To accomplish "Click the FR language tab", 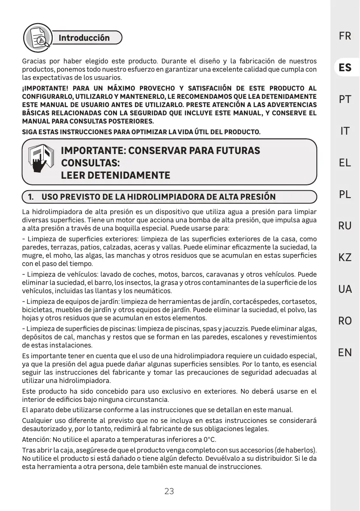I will (x=345, y=36).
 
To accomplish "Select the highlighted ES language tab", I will (x=345, y=68).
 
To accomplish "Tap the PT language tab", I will (x=345, y=100).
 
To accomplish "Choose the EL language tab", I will (x=345, y=163).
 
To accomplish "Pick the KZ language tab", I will (x=345, y=258).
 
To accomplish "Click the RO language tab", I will (x=345, y=321).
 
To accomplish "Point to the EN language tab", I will (x=345, y=352).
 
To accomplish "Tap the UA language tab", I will (x=345, y=289).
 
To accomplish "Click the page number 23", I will (x=169, y=491).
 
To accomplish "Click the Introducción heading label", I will (x=84, y=38).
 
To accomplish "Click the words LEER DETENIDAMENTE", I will (x=116, y=175).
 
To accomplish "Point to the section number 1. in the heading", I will (x=31, y=197).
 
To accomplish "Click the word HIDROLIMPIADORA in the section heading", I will (x=155, y=197).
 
